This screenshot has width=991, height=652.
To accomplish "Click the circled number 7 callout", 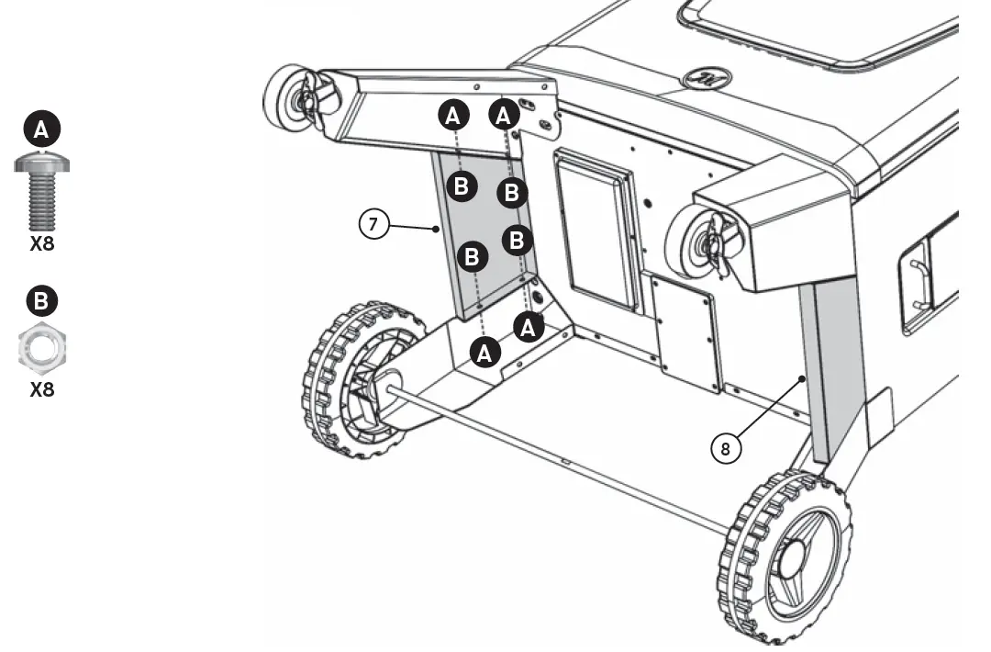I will coord(374,225).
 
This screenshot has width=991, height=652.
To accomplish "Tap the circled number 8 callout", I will coord(726,448).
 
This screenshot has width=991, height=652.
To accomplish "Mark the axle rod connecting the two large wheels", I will coord(560,459).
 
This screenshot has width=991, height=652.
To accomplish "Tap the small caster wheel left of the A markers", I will coord(292,96).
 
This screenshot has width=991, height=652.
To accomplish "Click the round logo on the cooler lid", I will coord(706,78).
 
